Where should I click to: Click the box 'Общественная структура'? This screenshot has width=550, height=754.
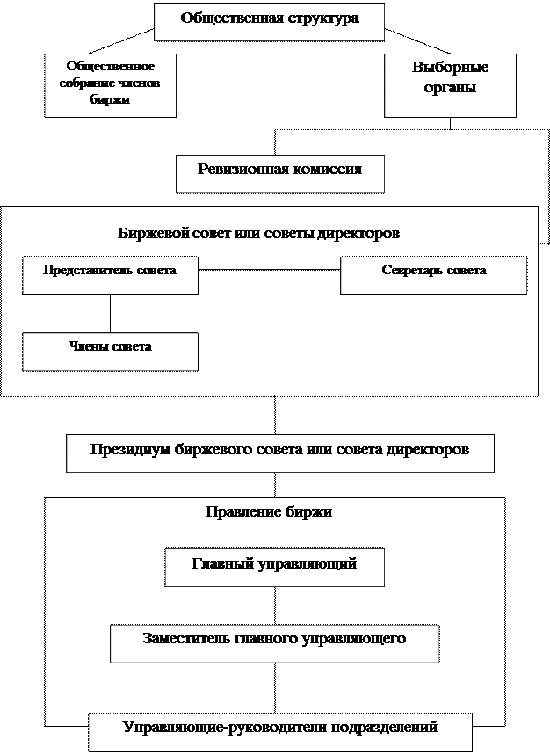pos(269,22)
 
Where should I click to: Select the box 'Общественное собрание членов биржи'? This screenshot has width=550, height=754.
pos(110,85)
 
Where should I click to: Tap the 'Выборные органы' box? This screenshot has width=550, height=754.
pos(450,85)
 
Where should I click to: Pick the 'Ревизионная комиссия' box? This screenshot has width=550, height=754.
pos(279,174)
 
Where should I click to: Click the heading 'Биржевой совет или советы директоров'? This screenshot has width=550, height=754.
pos(258,233)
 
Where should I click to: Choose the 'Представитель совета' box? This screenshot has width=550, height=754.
pos(110,276)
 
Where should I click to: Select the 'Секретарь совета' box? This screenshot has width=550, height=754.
pos(434,276)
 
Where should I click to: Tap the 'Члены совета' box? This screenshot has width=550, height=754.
pos(110,352)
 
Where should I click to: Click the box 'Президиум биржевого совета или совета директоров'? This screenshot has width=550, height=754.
pos(279,453)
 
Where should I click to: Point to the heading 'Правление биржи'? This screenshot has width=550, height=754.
pos(269,511)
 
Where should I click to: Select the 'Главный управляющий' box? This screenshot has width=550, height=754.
pos(274,568)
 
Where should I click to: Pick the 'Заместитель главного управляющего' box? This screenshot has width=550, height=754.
pos(274,644)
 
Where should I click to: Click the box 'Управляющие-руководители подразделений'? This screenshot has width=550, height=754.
pos(280,732)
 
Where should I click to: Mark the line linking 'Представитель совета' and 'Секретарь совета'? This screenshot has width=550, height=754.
pos(269,270)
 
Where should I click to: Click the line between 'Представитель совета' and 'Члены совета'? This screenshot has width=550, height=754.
pos(110,314)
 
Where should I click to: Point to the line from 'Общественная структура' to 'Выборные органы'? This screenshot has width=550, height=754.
pos(417,41)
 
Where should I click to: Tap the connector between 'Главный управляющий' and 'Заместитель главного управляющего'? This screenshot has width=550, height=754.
pos(275,605)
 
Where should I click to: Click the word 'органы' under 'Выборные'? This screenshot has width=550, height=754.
pos(450,88)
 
